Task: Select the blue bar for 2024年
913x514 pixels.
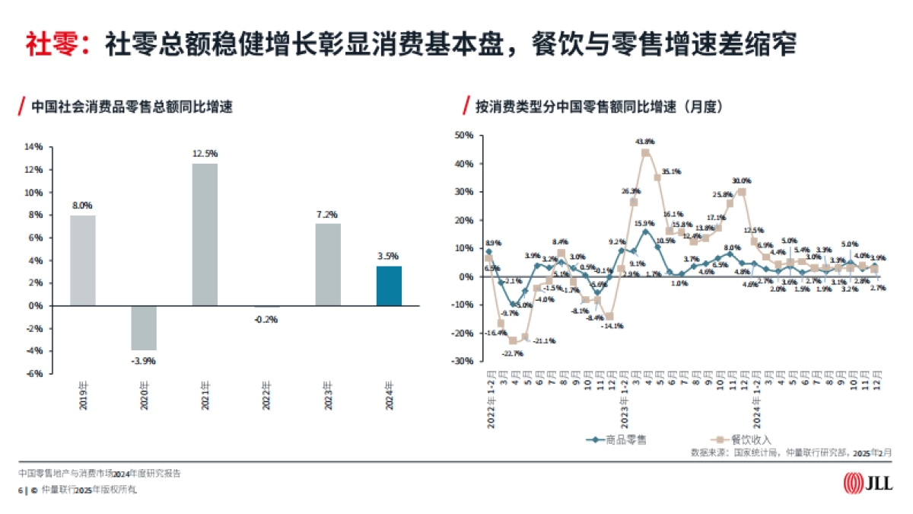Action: pyautogui.click(x=389, y=286)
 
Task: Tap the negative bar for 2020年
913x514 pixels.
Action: pyautogui.click(x=143, y=327)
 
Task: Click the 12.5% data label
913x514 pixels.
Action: pyautogui.click(x=205, y=153)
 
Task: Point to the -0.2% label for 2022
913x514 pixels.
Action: pyautogui.click(x=266, y=319)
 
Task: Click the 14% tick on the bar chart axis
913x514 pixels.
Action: pyautogui.click(x=33, y=147)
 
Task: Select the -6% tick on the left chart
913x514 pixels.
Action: pyautogui.click(x=34, y=374)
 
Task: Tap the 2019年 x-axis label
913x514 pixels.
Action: pyautogui.click(x=82, y=397)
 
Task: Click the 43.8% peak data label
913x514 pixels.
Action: pyautogui.click(x=645, y=141)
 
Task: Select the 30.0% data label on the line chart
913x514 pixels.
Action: pyautogui.click(x=741, y=180)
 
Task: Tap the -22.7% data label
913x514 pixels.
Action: pyautogui.click(x=511, y=353)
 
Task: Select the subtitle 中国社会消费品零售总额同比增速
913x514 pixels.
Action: pyautogui.click(x=131, y=107)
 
